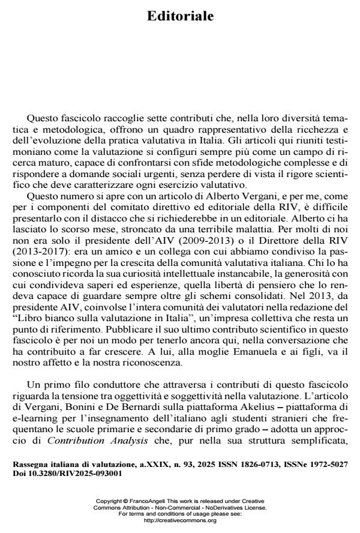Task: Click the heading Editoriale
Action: (x=180, y=16)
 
